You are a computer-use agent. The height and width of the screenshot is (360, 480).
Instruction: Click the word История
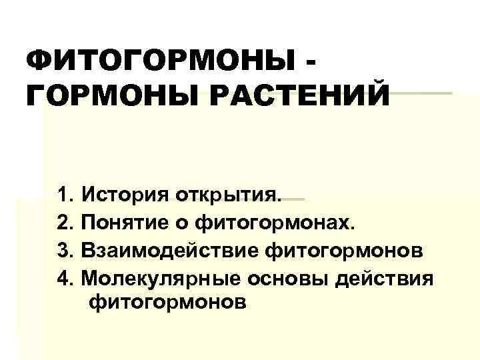pos(126,197)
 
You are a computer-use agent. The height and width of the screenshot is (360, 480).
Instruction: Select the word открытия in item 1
pos(231,197)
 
